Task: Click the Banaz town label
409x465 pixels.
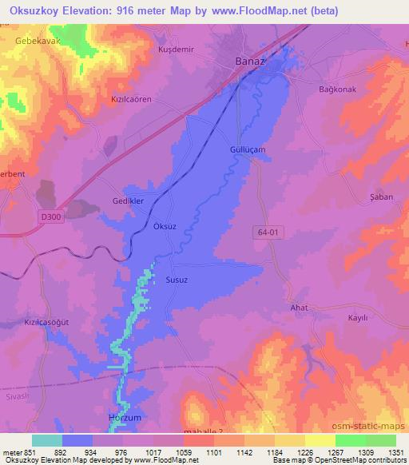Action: coord(250,61)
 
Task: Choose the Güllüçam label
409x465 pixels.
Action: coord(242,149)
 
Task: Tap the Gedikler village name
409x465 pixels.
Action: coord(127,202)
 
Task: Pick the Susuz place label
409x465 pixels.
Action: coord(176,280)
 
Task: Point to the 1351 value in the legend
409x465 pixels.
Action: coord(395,452)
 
